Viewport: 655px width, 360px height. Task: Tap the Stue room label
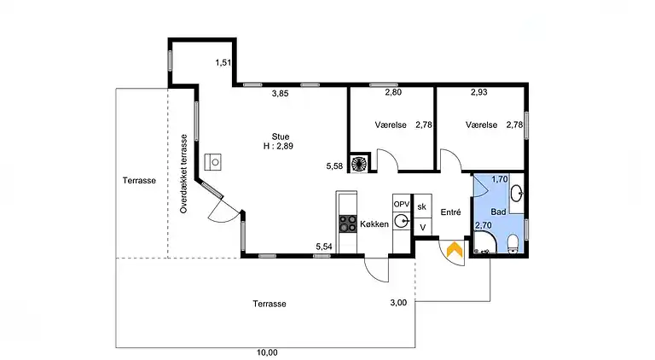(x=281, y=136)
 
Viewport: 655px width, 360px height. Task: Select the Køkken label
(x=374, y=224)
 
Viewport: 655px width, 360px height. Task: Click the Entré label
(x=450, y=212)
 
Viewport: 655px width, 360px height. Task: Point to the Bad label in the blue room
(x=498, y=212)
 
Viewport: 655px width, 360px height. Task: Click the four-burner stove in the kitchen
(x=348, y=224)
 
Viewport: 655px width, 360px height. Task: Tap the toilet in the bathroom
(x=513, y=244)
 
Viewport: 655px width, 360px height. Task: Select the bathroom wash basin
(x=517, y=193)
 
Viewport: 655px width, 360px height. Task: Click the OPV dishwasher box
(x=402, y=204)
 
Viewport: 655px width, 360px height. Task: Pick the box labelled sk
(x=422, y=206)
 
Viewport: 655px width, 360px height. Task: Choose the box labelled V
(x=422, y=228)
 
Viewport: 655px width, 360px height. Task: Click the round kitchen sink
(x=402, y=221)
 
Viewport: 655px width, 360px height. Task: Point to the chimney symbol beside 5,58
(x=359, y=163)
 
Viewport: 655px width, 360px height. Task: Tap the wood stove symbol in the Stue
(x=213, y=162)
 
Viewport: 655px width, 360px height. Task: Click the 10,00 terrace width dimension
(x=267, y=353)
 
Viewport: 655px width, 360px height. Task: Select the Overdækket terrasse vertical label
(x=184, y=174)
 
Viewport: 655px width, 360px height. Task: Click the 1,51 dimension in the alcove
(x=223, y=62)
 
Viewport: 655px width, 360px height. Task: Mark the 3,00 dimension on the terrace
(x=398, y=303)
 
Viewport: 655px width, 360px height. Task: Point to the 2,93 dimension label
(x=479, y=92)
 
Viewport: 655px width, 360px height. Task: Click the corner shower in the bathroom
(x=484, y=243)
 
